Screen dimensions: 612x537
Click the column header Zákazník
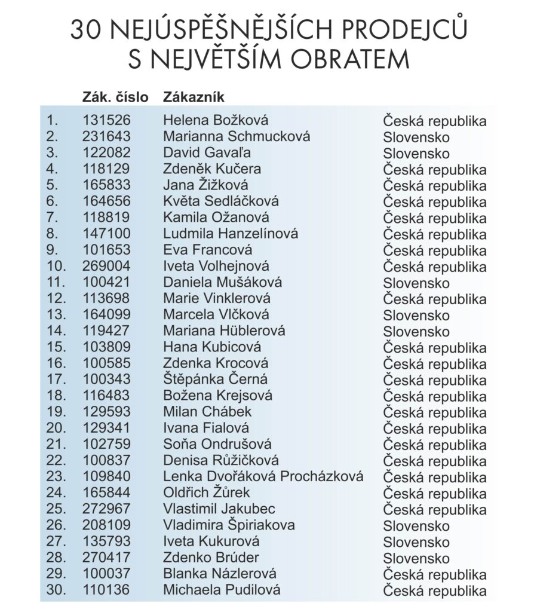(x=194, y=97)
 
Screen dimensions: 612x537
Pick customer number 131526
(x=106, y=120)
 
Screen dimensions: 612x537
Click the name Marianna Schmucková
(x=237, y=136)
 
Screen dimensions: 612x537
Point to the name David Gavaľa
(x=207, y=152)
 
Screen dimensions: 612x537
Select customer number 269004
(x=106, y=266)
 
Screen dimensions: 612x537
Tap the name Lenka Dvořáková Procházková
(x=263, y=476)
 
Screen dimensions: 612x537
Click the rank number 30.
(x=56, y=590)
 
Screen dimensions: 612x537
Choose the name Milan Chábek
(x=207, y=412)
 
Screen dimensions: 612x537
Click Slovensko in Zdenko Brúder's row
(x=416, y=558)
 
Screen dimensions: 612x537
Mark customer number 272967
(x=106, y=509)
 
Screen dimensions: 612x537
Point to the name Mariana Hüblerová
(x=224, y=331)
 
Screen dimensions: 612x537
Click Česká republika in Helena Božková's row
(x=435, y=121)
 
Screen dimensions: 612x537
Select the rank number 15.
(x=56, y=347)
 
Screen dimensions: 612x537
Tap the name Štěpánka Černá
(x=215, y=380)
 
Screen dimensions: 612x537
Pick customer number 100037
(x=106, y=574)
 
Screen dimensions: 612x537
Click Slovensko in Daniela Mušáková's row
(x=416, y=283)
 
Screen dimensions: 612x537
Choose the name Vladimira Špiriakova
(x=229, y=525)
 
